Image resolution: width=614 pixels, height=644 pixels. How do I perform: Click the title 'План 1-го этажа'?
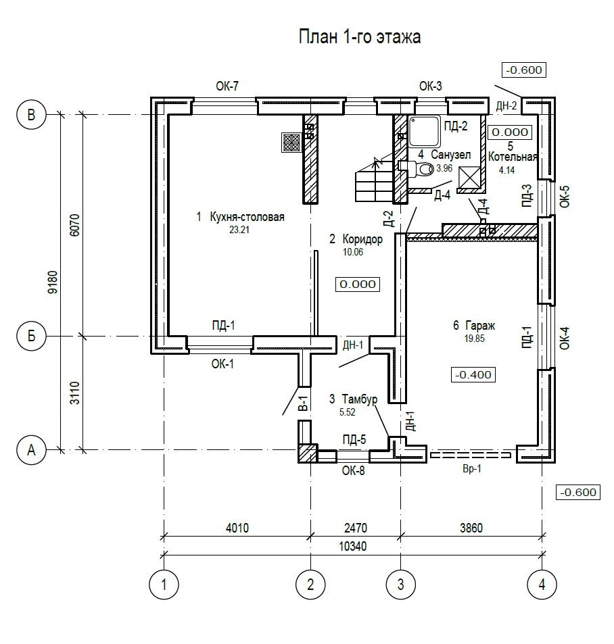click(x=360, y=37)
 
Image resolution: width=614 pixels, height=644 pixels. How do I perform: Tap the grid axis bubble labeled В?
click(x=31, y=115)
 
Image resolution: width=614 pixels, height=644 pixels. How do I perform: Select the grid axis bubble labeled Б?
click(x=31, y=337)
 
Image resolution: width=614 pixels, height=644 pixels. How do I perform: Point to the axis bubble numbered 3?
click(x=401, y=584)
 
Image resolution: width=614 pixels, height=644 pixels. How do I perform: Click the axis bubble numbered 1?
click(x=164, y=584)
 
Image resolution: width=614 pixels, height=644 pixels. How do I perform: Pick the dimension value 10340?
click(x=352, y=547)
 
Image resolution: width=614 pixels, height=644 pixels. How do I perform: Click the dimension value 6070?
click(x=75, y=224)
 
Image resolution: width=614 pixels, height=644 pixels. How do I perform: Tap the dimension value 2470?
click(x=356, y=528)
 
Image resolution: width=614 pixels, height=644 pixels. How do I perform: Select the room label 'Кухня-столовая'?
click(x=247, y=216)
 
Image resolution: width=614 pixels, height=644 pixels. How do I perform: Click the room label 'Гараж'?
click(x=480, y=326)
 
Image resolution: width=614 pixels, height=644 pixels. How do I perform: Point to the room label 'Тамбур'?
click(x=360, y=399)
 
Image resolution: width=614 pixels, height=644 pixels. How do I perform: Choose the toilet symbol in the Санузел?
click(x=420, y=168)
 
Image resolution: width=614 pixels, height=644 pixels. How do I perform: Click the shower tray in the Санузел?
click(x=425, y=131)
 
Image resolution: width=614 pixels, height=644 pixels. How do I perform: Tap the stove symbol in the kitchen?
click(x=292, y=143)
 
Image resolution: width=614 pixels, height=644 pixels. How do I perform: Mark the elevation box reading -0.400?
click(x=473, y=374)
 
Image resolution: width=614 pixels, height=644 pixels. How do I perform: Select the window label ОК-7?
click(x=227, y=86)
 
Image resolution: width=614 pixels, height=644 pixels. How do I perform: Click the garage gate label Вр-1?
click(x=472, y=469)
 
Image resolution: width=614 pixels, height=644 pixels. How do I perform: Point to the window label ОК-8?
click(x=354, y=471)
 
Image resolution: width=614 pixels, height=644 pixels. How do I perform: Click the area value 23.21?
click(x=239, y=230)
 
